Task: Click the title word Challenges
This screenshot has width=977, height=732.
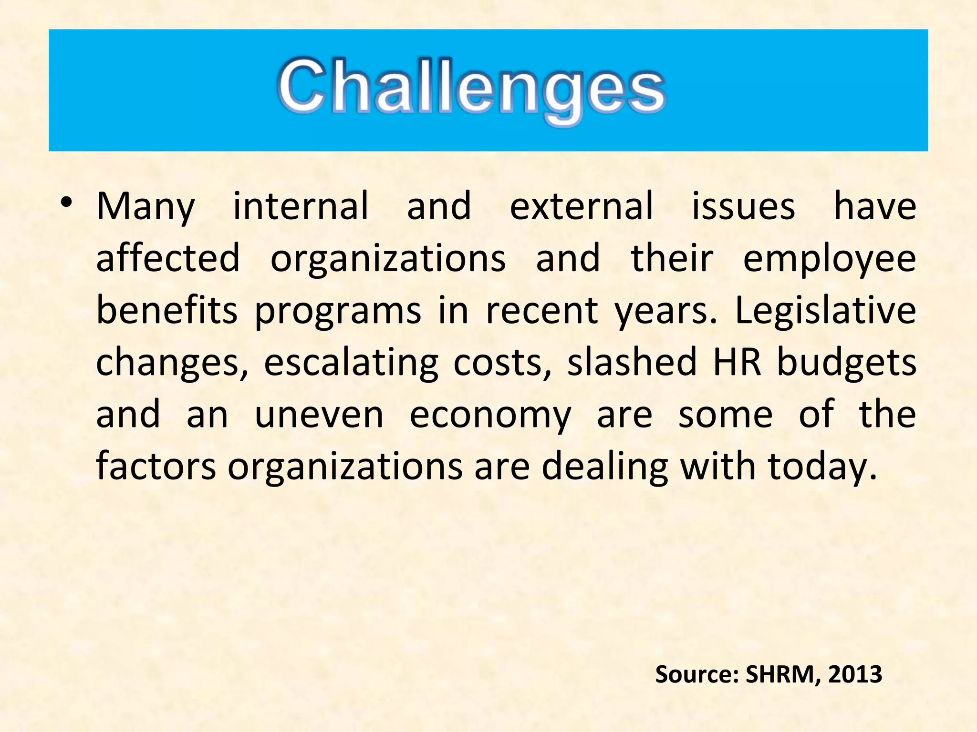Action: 471,88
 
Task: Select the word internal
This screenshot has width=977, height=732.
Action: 301,206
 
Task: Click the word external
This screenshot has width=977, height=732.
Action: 581,206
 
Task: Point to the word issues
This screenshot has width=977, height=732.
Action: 743,206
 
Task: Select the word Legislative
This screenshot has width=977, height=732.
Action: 825,311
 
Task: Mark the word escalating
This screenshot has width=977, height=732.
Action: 351,363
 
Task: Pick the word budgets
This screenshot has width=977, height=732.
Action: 846,363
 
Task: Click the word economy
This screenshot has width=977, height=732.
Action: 490,416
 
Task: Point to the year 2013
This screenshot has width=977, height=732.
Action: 855,674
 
